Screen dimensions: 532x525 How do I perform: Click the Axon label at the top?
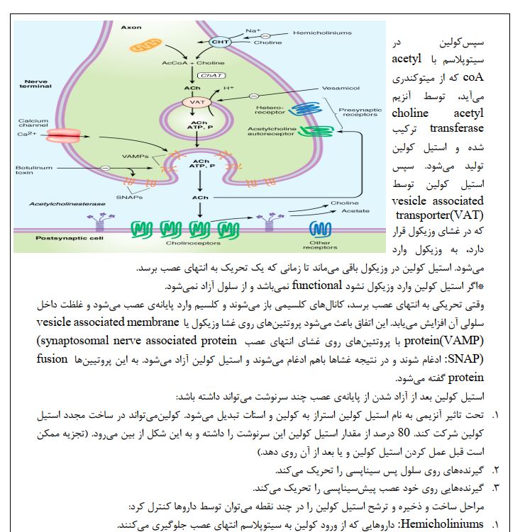(x=131, y=27)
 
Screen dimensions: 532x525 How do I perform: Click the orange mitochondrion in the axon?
(x=145, y=47)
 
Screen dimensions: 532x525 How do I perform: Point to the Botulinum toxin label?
(x=33, y=170)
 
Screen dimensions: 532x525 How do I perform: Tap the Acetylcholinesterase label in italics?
(x=67, y=203)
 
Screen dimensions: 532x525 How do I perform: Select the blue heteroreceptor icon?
(x=289, y=108)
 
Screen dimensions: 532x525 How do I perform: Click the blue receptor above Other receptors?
(x=320, y=228)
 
